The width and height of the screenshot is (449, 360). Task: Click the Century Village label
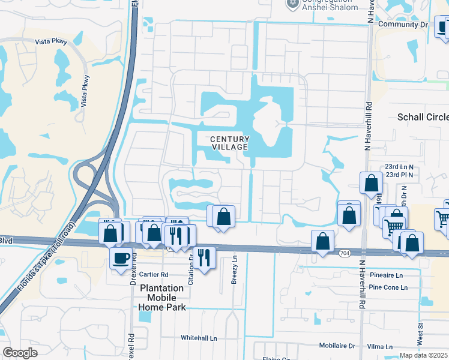229,143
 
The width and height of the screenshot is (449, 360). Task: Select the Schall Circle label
423,117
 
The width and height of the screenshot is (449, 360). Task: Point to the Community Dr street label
403,24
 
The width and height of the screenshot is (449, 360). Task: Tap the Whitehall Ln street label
199,338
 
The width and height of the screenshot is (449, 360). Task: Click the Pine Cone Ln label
388,287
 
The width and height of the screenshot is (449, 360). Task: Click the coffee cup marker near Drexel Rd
121,259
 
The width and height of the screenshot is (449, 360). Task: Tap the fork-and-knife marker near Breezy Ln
203,258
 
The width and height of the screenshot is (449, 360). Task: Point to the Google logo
20,353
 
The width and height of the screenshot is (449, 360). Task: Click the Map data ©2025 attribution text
423,355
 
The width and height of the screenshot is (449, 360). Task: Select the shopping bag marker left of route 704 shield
323,241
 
